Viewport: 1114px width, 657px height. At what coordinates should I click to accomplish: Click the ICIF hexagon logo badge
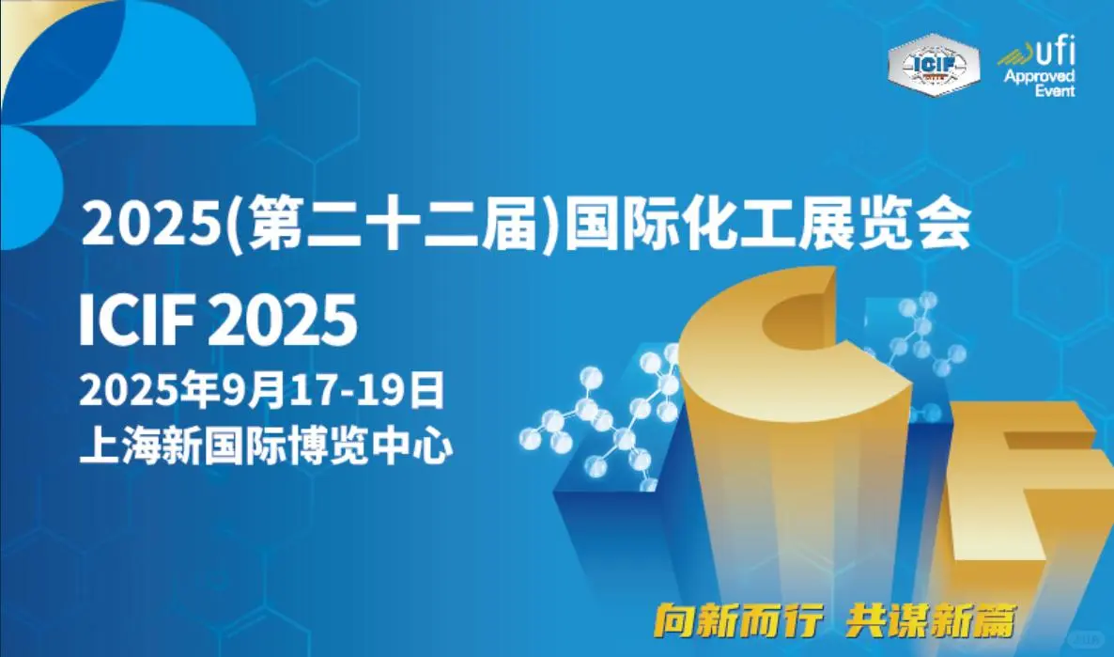click(933, 65)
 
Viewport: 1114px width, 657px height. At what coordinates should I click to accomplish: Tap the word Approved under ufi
click(1039, 76)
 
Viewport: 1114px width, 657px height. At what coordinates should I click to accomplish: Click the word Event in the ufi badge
click(1055, 91)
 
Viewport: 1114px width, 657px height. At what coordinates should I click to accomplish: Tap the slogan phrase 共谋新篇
click(931, 620)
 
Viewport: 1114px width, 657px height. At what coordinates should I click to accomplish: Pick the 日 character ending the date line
click(427, 390)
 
